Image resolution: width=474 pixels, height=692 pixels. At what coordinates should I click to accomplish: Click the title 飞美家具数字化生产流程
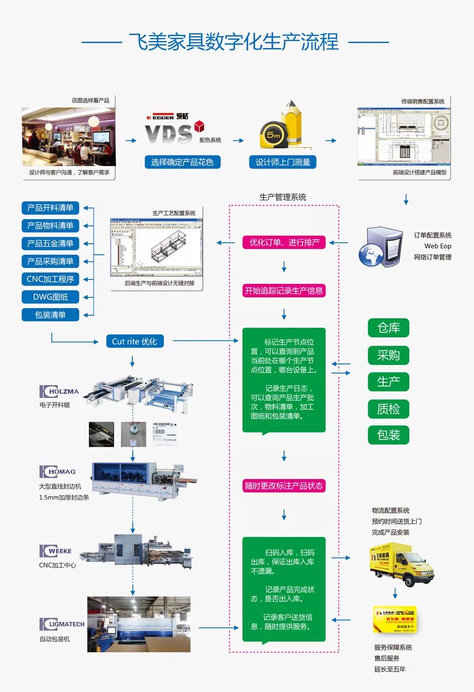pos(234,42)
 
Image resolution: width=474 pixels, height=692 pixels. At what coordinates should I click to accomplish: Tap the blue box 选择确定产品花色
pos(182,162)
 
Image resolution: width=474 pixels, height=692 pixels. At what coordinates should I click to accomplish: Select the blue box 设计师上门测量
pos(283,162)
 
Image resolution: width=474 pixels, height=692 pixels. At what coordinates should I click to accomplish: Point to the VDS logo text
pos(169,134)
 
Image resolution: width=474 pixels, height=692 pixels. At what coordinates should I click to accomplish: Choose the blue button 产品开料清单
pos(50,208)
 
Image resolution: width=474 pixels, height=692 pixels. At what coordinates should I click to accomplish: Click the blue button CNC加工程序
pos(50,279)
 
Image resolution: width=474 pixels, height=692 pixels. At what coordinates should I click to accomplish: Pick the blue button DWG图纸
pos(50,297)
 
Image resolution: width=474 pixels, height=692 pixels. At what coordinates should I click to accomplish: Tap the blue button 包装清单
pos(50,315)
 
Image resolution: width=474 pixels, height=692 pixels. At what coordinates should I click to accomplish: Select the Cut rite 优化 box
pos(134,341)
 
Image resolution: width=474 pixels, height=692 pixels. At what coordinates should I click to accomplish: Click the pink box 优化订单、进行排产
pos(284,243)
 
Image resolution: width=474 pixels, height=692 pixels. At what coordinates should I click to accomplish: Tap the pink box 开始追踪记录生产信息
pos(284,291)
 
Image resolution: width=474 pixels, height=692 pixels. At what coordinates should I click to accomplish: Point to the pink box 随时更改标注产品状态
pos(284,486)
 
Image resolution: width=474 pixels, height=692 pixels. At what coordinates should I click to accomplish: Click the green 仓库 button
pos(388,328)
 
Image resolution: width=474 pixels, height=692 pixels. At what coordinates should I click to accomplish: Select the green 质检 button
pos(388,409)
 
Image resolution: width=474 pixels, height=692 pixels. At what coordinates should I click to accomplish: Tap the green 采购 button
pos(388,355)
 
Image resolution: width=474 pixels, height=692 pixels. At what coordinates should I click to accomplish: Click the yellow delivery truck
pos(401,564)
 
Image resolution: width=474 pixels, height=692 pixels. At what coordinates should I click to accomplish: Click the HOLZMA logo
pos(59,392)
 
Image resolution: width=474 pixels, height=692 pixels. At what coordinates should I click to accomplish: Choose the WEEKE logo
pos(56,551)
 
